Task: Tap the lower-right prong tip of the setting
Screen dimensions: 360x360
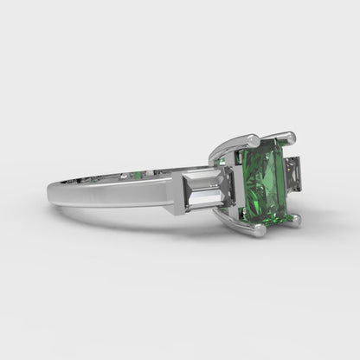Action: point(296,222)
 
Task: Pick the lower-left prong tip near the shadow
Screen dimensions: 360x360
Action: point(258,231)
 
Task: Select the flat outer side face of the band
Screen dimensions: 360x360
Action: point(121,194)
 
